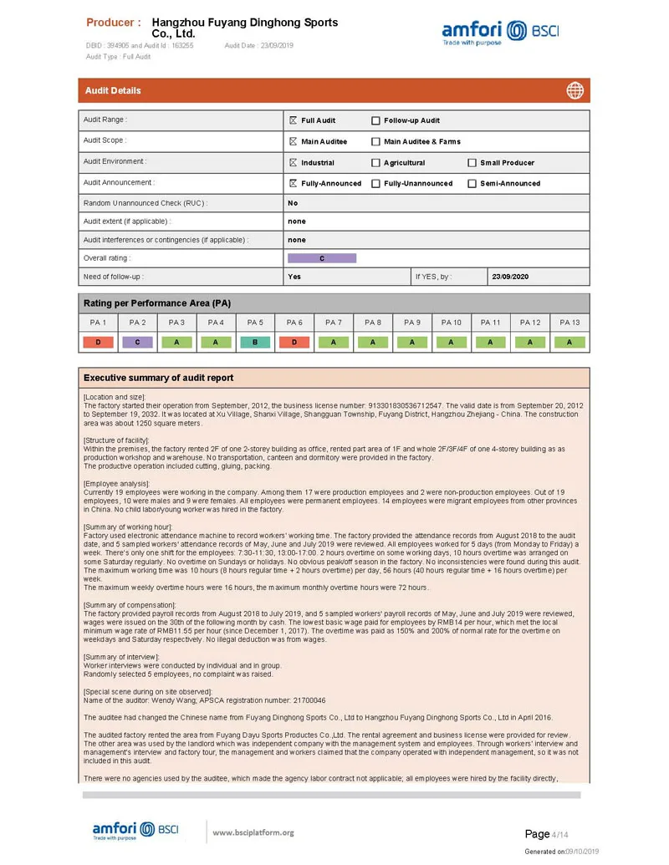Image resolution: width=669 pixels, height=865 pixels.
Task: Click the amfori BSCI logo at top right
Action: tap(500, 33)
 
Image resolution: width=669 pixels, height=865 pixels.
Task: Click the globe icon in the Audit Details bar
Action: tap(575, 90)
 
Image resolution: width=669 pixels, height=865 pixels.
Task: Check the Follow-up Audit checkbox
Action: tap(375, 120)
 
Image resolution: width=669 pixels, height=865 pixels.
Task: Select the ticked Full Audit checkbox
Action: tap(293, 120)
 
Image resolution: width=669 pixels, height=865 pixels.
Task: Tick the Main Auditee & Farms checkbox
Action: tap(375, 141)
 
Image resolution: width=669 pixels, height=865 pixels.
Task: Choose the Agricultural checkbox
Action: tap(375, 163)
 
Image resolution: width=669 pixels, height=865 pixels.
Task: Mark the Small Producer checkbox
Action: tap(472, 163)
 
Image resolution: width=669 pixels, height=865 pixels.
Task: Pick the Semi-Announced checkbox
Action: tap(472, 184)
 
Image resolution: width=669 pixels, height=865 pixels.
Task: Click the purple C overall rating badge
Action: tap(322, 258)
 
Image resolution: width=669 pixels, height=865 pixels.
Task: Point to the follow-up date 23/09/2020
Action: tap(510, 277)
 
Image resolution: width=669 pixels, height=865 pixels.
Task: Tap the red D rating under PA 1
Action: tap(98, 342)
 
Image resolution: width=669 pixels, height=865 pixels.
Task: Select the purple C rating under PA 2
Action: tap(137, 342)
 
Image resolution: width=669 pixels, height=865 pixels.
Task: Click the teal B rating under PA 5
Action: tap(255, 342)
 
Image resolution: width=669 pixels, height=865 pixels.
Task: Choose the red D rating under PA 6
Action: tap(294, 342)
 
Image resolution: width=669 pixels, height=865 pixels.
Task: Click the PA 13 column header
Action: tap(569, 323)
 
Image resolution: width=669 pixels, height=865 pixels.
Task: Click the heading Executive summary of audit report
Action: tap(159, 378)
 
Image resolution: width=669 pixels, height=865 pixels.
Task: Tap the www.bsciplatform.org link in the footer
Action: tap(253, 832)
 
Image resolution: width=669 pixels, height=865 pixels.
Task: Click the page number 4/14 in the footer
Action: tap(559, 834)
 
